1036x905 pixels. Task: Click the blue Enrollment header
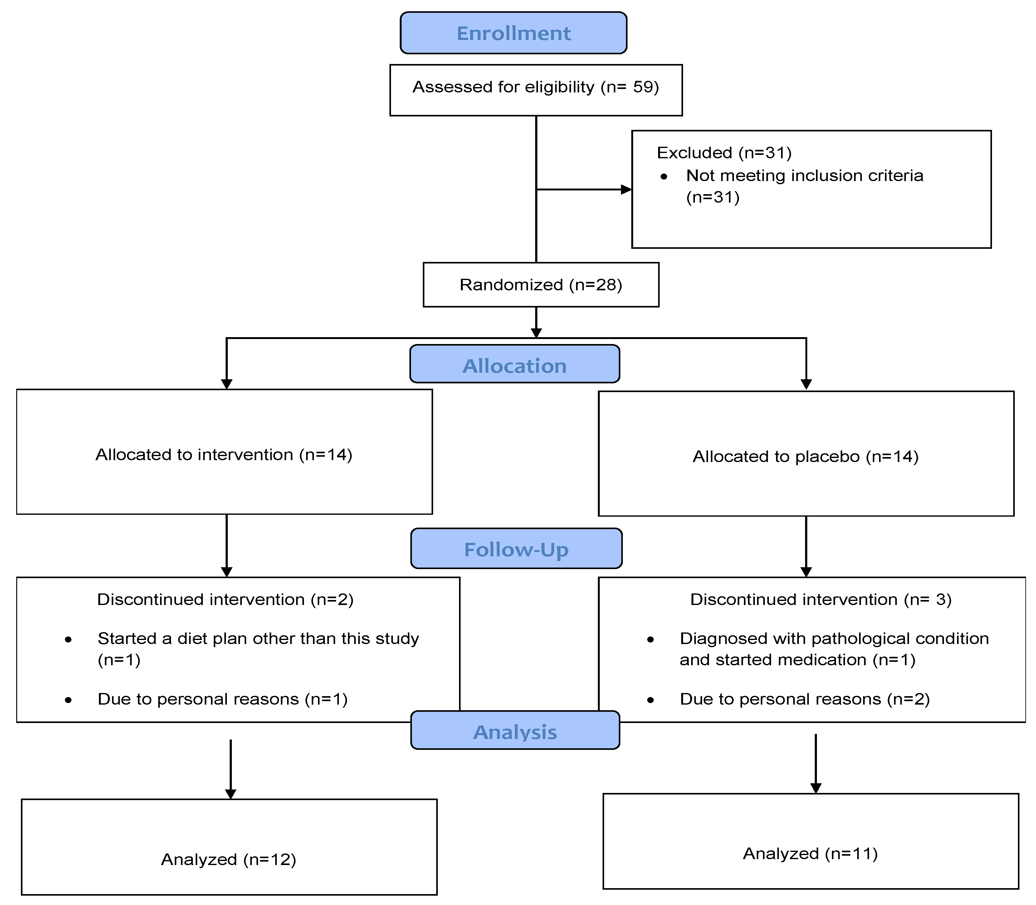pyautogui.click(x=513, y=33)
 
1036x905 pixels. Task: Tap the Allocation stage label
pyautogui.click(x=515, y=366)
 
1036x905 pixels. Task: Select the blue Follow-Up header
pyautogui.click(x=516, y=549)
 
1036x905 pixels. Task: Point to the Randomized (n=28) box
pyautogui.click(x=541, y=285)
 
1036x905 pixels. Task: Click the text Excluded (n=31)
pyautogui.click(x=723, y=153)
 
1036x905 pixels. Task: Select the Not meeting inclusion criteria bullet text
pyautogui.click(x=804, y=176)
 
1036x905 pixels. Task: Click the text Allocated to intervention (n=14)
pyautogui.click(x=224, y=455)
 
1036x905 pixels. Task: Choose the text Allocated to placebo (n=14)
pyautogui.click(x=805, y=456)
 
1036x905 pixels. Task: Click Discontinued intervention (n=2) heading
pyautogui.click(x=225, y=599)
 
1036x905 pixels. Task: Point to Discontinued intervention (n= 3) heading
pyautogui.click(x=820, y=599)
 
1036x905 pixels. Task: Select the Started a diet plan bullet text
pyautogui.click(x=258, y=639)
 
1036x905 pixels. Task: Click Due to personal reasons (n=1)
pyautogui.click(x=222, y=699)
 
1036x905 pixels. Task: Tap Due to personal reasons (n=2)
pyautogui.click(x=804, y=699)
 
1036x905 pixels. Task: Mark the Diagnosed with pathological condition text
pyautogui.click(x=833, y=639)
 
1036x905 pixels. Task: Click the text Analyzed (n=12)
pyautogui.click(x=228, y=859)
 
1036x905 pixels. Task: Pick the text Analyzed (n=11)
pyautogui.click(x=810, y=853)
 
